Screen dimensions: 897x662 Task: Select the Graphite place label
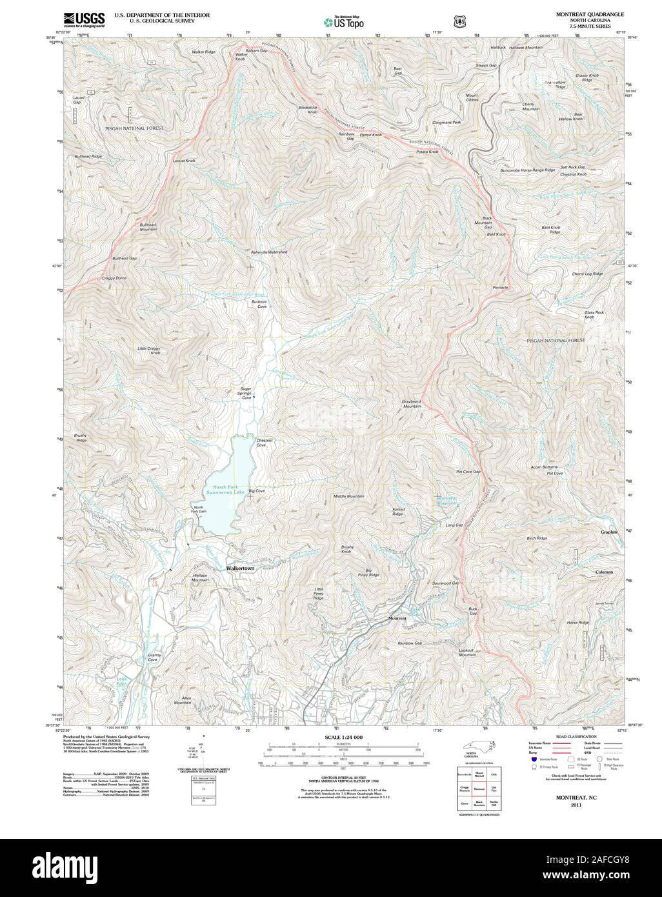tap(609, 532)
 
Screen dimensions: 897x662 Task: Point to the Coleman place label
tap(604, 572)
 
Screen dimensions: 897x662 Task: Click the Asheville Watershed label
tap(269, 252)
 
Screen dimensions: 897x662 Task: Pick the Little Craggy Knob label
tap(149, 351)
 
